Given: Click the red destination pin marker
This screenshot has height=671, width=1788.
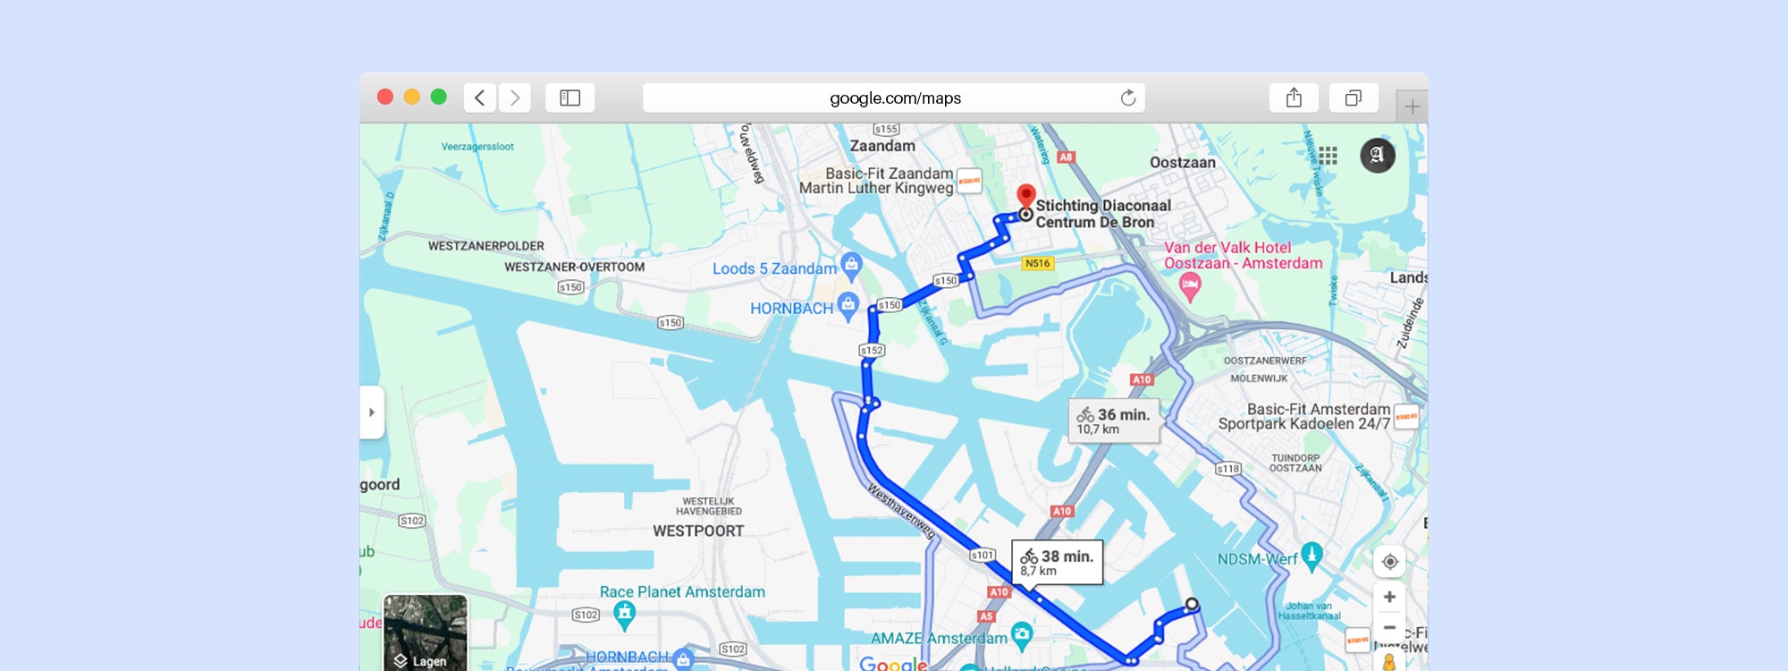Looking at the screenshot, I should coord(1026,195).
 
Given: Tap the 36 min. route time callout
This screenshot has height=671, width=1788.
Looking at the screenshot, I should coord(1114,420).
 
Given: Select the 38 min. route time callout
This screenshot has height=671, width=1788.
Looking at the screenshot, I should coord(1058,562).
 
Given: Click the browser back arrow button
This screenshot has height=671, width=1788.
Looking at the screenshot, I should coord(480,98).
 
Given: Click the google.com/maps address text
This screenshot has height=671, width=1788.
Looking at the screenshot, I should coord(895,98).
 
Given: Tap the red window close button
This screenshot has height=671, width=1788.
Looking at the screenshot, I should coord(385,97).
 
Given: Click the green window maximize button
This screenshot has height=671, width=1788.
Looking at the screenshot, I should coord(439,97).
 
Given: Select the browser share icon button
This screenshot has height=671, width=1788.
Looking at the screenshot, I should coord(1294,98).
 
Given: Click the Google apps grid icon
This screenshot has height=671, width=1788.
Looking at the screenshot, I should coord(1328,156).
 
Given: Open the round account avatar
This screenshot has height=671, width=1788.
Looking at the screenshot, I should coord(1377,156).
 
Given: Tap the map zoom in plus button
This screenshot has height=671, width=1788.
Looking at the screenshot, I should coord(1389,597).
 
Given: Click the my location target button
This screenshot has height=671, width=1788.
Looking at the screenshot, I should coord(1389,562).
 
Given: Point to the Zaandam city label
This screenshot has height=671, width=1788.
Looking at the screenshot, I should coord(882,146).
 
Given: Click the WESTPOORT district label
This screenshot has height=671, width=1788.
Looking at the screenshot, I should coord(698,531).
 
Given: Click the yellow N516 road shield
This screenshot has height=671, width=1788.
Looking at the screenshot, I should coord(1038,263).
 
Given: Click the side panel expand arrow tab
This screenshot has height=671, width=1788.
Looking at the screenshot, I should coord(372,412).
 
